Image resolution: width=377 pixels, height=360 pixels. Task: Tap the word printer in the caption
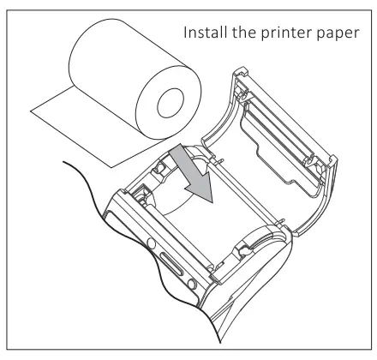coord(286,33)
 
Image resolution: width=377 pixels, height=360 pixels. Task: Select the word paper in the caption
coord(338,34)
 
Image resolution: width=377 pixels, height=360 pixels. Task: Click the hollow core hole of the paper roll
coord(171,103)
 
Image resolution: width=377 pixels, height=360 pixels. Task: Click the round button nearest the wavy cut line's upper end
coord(151,243)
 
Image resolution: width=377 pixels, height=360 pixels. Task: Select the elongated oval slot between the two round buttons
coord(171,263)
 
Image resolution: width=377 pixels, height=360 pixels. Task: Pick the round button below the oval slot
coord(192,284)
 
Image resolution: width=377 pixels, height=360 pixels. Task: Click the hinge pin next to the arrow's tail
coord(219,160)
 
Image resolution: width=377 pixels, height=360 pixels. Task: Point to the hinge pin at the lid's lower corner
coord(280,222)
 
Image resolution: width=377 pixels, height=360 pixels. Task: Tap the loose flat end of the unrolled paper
coord(71,139)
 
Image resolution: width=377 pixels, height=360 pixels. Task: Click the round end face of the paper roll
coord(169,102)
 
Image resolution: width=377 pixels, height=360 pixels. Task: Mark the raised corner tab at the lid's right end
coord(333,162)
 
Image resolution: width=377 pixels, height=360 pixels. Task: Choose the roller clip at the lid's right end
coord(311,162)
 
